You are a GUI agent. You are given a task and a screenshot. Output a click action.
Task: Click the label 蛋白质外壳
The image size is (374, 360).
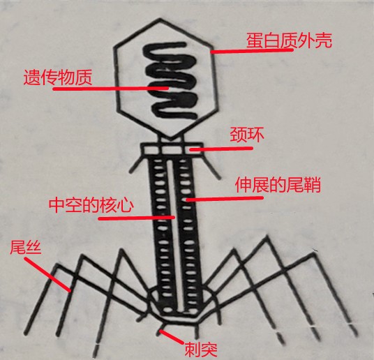click(289, 41)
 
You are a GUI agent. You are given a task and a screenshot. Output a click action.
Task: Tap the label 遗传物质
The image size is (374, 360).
click(58, 77)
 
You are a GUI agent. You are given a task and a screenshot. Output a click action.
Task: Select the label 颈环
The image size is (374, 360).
click(247, 135)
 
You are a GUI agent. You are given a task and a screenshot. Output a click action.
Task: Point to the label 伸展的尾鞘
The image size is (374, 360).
click(278, 186)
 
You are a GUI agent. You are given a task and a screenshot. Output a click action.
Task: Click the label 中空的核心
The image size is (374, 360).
click(91, 204)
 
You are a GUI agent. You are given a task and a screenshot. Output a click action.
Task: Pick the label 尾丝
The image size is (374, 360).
click(26, 247)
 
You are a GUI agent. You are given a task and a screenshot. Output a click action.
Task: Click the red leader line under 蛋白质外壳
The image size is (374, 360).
click(252, 51)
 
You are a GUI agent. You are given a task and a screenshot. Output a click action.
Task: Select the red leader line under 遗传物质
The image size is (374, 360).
click(111, 89)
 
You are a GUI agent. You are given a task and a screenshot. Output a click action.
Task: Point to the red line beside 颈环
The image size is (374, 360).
click(221, 149)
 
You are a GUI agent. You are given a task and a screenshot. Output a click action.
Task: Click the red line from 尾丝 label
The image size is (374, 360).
click(47, 275)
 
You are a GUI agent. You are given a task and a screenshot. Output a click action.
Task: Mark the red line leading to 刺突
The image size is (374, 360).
click(172, 336)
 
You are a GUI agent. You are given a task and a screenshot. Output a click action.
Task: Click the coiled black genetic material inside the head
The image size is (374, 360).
click(170, 81)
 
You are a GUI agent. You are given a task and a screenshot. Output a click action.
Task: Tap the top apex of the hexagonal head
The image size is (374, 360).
click(160, 19)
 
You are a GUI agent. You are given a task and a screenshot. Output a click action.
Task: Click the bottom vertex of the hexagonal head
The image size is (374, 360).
click(170, 138)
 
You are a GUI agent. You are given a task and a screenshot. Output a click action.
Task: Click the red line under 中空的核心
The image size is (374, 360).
click(137, 218)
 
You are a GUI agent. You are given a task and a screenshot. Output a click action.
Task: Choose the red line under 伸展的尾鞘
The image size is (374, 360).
click(225, 199)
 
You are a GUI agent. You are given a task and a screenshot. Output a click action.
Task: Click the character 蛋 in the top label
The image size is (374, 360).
click(255, 41)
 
